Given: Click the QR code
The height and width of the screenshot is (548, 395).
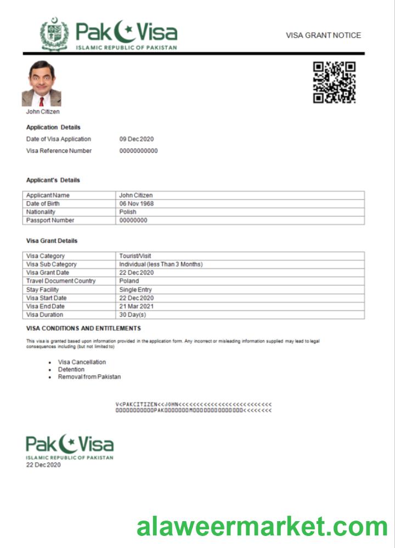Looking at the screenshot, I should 334,82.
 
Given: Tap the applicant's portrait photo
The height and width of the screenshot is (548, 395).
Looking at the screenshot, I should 41,84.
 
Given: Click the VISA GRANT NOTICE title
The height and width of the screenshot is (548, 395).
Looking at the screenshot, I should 323,35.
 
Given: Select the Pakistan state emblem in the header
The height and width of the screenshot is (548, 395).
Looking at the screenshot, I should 54,34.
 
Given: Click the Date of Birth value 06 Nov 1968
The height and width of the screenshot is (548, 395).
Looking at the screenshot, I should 136,204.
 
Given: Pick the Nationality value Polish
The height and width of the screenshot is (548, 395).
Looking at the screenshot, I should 128,212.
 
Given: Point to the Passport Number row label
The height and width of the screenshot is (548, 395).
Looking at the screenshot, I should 50,220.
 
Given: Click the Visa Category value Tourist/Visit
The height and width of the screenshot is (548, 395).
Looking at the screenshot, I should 135,256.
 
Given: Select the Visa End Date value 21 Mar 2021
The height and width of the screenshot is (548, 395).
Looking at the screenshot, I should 137,306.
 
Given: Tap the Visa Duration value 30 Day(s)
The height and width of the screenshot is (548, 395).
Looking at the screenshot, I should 133,315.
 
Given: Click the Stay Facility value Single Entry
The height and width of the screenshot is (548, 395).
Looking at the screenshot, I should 136,289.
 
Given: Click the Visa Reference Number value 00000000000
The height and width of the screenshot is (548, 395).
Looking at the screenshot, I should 138,151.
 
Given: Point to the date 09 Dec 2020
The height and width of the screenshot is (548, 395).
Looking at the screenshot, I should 137,139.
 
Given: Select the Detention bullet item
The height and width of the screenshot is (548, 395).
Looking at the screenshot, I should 71,369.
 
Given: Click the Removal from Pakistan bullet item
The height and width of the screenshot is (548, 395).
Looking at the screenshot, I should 89,377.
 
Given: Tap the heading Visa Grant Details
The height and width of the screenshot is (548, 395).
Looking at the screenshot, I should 52,241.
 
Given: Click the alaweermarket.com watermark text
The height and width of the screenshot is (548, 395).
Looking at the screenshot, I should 262,527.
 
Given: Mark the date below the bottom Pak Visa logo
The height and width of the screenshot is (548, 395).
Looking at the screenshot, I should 43,465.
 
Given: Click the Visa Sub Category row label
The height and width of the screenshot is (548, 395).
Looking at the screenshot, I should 52,264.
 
